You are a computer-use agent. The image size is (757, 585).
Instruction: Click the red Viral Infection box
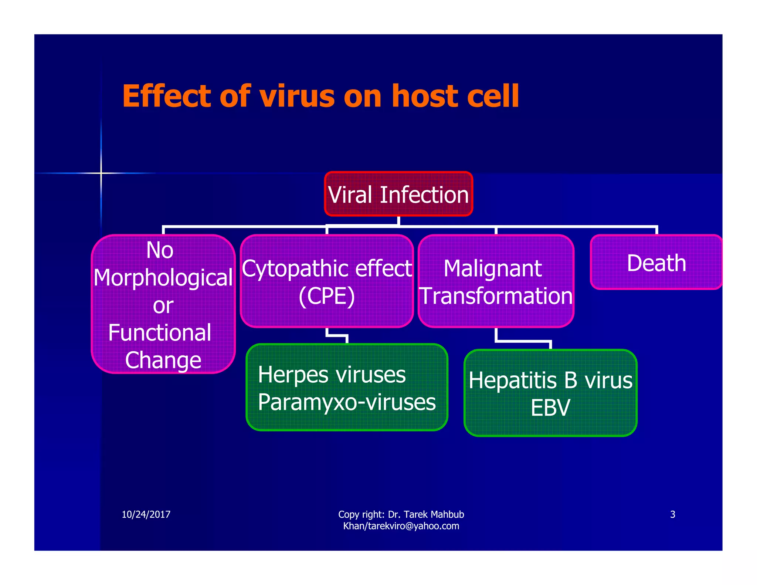(398, 194)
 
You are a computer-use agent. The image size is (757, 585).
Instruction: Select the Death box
(656, 263)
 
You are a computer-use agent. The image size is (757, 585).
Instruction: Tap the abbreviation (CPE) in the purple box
(327, 296)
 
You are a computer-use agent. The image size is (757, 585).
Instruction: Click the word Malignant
(493, 268)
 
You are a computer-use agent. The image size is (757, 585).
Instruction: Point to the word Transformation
(496, 296)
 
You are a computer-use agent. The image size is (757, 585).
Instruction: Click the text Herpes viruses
(332, 375)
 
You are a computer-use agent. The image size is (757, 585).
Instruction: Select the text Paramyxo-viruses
(347, 402)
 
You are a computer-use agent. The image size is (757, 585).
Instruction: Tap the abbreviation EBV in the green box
(550, 408)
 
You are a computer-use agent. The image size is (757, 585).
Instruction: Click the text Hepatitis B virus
(550, 380)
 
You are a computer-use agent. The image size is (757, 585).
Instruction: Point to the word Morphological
(163, 278)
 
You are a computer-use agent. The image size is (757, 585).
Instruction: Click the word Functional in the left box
(160, 332)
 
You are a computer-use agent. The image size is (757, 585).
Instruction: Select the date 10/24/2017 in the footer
(146, 514)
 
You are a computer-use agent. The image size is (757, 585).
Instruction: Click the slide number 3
(672, 514)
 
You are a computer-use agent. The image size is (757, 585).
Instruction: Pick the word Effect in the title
(168, 96)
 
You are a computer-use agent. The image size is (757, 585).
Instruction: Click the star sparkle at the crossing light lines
(101, 173)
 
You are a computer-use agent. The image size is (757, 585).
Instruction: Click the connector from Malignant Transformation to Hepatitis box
(523, 341)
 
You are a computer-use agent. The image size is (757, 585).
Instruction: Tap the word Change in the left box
(163, 360)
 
